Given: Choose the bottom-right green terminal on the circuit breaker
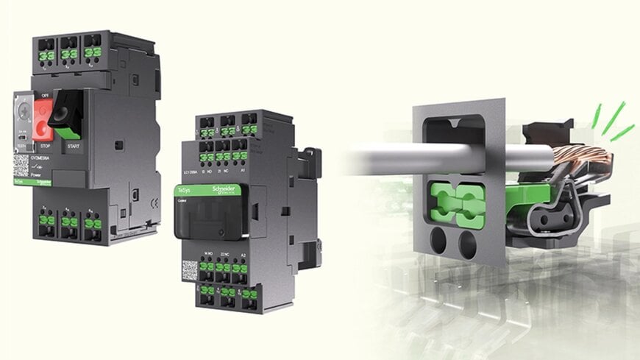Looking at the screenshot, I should pos(93,223).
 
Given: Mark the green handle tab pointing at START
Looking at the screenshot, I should pos(68,130).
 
